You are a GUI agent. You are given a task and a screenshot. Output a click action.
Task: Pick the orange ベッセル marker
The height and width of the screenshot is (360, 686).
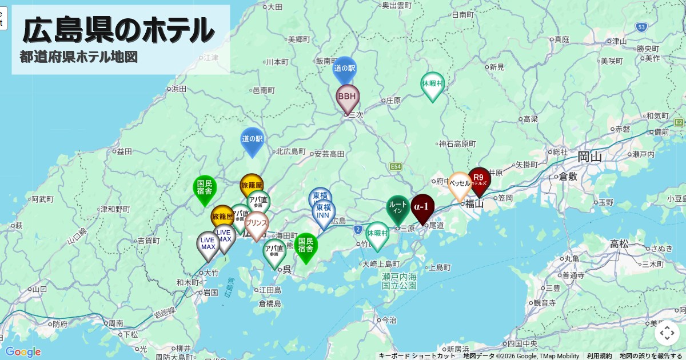pyautogui.click(x=460, y=185)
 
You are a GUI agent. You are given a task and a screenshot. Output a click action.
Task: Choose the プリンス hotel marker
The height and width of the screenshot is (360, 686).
pyautogui.click(x=256, y=224)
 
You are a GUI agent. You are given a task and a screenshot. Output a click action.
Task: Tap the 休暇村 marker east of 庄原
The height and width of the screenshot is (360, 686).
pyautogui.click(x=433, y=85)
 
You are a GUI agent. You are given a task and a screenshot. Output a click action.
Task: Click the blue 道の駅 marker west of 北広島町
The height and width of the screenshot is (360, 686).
pyautogui.click(x=252, y=139)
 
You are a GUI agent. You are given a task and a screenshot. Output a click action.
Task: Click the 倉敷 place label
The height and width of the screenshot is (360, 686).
pyautogui.click(x=569, y=176)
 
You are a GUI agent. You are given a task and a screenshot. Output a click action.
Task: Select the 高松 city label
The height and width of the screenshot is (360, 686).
pyautogui.click(x=619, y=244)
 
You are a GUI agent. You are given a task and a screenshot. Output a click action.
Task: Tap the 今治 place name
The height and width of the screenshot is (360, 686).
pyautogui.click(x=389, y=321)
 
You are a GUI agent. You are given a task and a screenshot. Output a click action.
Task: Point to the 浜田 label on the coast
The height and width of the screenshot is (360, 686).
pyautogui.click(x=179, y=89)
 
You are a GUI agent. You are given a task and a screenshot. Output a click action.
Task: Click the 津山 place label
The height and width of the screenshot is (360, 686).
pyautogui.click(x=619, y=41)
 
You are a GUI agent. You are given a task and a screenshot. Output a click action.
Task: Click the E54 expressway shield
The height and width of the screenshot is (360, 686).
pyautogui.click(x=396, y=166)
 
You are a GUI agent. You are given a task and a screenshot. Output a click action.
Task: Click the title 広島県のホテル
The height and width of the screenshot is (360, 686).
pyautogui.click(x=118, y=30)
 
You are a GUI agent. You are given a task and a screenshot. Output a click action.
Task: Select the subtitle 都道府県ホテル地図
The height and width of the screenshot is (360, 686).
pyautogui.click(x=79, y=58)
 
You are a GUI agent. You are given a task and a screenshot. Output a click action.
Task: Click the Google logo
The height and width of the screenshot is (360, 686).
pyautogui.click(x=23, y=352)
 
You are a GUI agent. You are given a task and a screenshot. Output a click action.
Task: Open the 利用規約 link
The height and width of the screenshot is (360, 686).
pyautogui.click(x=599, y=356)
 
